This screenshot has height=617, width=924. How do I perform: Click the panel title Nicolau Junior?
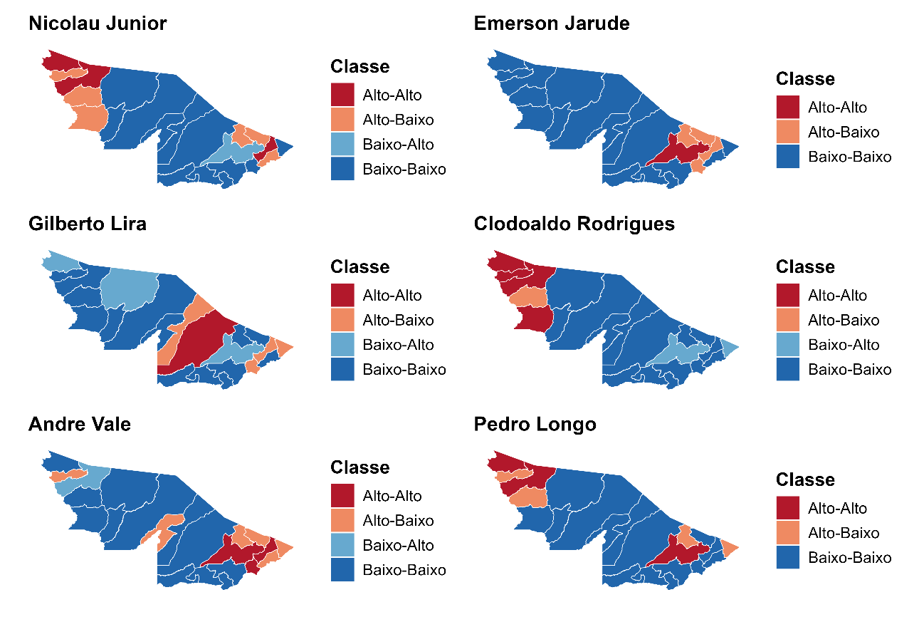tap(98, 24)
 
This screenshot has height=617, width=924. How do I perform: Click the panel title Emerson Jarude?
tap(552, 24)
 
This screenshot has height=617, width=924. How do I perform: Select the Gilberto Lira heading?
tap(88, 224)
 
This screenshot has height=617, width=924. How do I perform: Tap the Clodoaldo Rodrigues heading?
tap(574, 224)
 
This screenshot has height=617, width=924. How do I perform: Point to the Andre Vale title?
tap(80, 425)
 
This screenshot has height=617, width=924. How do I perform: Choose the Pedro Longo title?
tap(535, 425)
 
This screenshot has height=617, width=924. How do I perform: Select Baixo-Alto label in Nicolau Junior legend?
tap(398, 145)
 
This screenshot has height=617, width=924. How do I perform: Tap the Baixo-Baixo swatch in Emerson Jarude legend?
tap(788, 157)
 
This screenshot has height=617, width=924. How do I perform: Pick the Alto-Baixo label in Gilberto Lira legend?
tap(398, 321)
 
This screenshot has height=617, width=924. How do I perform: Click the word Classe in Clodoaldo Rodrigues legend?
tap(805, 267)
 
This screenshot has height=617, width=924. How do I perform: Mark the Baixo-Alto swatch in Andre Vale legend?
tap(342, 546)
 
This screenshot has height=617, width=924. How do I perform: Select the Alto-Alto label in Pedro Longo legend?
tap(838, 509)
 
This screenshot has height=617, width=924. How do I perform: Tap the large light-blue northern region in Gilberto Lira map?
tap(130, 289)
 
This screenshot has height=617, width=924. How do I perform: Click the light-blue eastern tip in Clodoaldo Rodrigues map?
tap(730, 347)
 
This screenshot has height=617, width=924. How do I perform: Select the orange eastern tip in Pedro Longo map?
tap(729, 547)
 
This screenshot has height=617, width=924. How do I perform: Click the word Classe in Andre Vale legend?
tap(359, 468)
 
